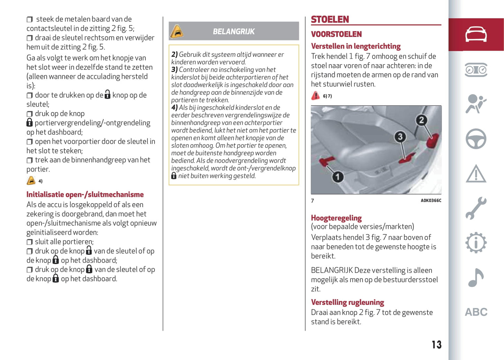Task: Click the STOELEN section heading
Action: tap(330, 20)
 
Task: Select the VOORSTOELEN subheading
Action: tap(336, 34)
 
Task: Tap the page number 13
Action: tap(436, 345)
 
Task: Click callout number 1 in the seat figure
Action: tap(337, 177)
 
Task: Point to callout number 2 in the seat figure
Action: tap(421, 120)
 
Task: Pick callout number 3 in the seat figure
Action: tap(400, 137)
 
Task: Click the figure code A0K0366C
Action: tap(431, 201)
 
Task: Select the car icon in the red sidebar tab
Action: tap(476, 34)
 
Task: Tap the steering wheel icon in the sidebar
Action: tap(476, 139)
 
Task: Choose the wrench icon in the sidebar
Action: tap(476, 208)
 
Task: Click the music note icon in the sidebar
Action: tap(476, 277)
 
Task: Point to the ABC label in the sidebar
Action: tap(476, 312)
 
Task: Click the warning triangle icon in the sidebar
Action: tap(476, 174)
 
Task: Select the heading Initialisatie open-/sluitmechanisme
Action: tap(85, 195)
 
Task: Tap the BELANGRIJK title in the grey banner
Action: tap(234, 32)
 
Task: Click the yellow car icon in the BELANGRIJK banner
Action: tap(177, 31)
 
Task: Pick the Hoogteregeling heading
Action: tap(336, 218)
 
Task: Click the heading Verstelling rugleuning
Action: tap(347, 302)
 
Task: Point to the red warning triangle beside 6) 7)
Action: tap(315, 96)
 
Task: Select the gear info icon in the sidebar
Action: tap(476, 243)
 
